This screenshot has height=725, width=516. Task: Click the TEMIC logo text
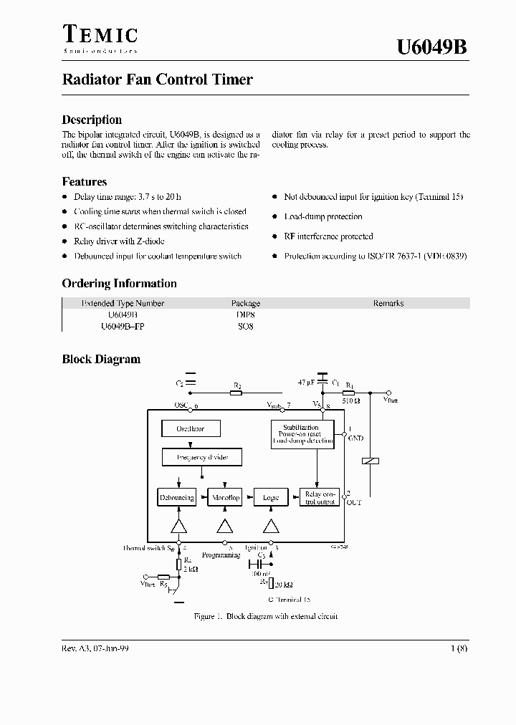(100, 34)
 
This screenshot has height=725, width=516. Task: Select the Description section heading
(92, 120)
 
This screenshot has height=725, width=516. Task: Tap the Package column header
(246, 303)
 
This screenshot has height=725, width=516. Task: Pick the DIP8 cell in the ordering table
(246, 315)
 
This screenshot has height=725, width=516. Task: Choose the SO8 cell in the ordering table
(246, 326)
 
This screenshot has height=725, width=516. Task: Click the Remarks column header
(388, 303)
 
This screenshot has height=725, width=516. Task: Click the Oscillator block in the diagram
(191, 429)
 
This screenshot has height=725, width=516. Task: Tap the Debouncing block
(176, 497)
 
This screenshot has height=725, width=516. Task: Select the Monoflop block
(225, 497)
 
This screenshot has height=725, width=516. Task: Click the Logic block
(270, 497)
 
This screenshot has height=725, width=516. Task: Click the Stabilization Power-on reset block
(302, 435)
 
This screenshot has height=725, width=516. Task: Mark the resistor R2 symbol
(236, 393)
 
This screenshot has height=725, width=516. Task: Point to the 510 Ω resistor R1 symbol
(350, 393)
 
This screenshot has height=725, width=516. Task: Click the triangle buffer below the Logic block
(270, 526)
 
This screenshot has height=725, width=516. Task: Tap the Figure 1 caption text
(265, 616)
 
